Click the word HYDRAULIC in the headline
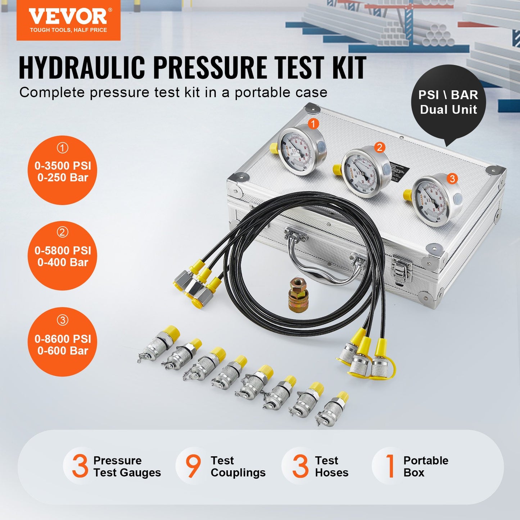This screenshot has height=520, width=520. (x=82, y=68)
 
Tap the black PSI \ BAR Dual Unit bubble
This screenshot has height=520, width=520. (x=448, y=102)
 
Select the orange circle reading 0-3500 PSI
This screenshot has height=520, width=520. (x=63, y=170)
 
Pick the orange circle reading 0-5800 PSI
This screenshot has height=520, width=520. (x=63, y=256)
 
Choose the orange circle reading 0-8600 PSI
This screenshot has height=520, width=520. (x=63, y=342)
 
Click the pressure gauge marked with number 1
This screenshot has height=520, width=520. (x=302, y=151)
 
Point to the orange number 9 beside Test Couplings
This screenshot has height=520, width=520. (x=193, y=466)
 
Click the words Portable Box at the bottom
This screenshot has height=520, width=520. (x=426, y=466)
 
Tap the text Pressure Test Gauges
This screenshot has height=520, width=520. (x=127, y=466)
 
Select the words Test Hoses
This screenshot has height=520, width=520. (x=331, y=466)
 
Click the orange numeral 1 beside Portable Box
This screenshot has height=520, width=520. (x=390, y=466)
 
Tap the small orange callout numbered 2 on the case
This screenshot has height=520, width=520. (x=379, y=147)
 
